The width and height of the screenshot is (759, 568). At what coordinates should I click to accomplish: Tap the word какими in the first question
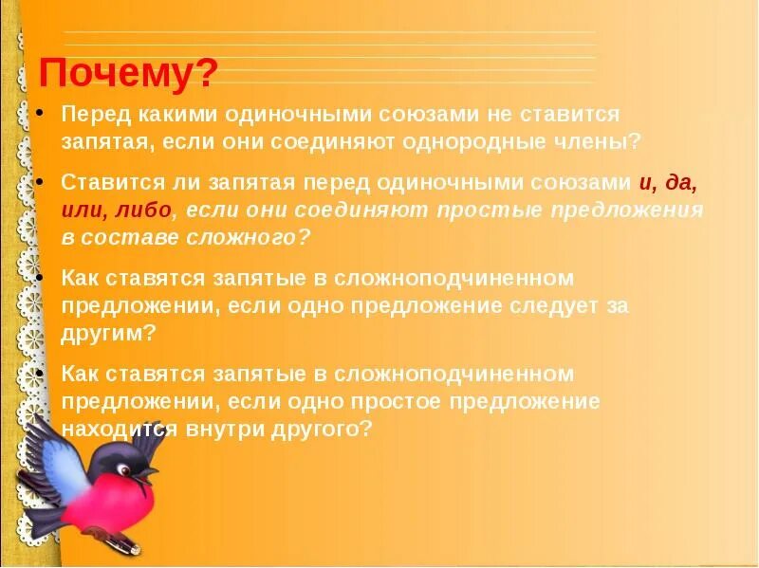pyautogui.click(x=157, y=115)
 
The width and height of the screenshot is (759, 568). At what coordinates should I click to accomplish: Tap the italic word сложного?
pyautogui.click(x=257, y=237)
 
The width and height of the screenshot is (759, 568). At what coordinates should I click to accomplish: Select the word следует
pyautogui.click(x=541, y=306)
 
